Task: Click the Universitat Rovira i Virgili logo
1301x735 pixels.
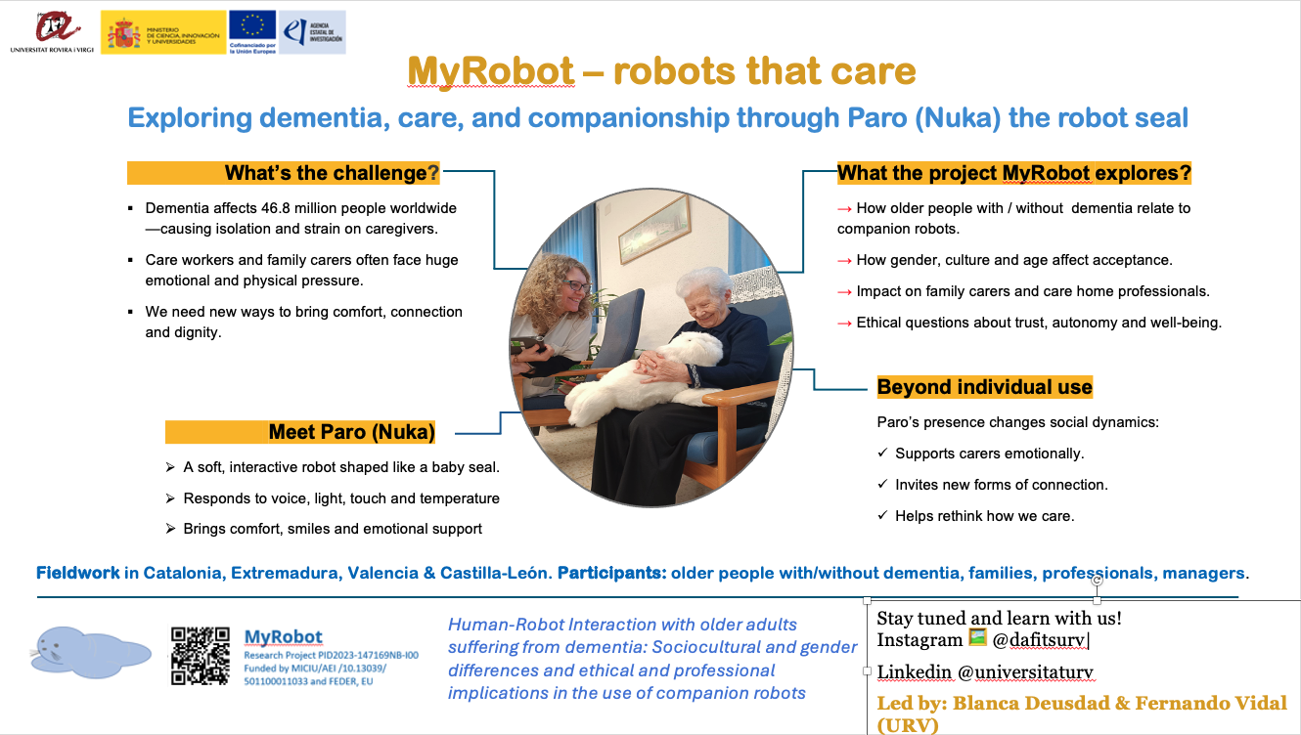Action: tap(52, 32)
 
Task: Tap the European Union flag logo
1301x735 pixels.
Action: tap(252, 32)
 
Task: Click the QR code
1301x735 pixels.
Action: tap(200, 656)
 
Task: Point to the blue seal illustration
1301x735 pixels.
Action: tap(90, 652)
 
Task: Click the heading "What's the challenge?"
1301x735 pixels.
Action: tap(332, 173)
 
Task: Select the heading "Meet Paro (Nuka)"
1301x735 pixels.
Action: tap(351, 432)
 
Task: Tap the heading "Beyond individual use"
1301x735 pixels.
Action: tap(984, 387)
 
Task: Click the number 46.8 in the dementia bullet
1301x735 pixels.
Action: tap(275, 208)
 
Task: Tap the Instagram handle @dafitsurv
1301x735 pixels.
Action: tap(1039, 640)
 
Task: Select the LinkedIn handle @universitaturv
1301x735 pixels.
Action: tap(1025, 671)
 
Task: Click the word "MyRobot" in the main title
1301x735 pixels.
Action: tap(491, 70)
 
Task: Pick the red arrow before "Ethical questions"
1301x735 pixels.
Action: tap(844, 324)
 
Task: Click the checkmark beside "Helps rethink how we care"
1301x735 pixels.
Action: tap(882, 514)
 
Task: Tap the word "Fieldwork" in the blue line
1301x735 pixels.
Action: tap(78, 573)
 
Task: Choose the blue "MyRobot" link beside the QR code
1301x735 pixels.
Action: tap(283, 637)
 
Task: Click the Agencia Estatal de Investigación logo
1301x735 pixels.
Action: tap(312, 32)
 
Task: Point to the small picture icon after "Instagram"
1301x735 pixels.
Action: tap(977, 637)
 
